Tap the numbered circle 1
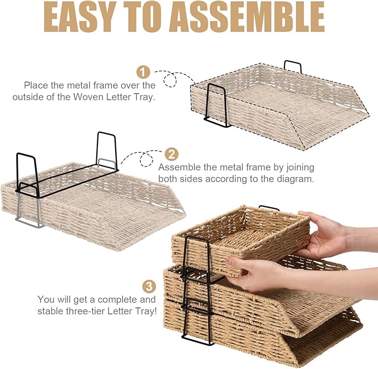tap(144, 72)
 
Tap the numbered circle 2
tap(172, 154)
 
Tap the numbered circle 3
tap(149, 287)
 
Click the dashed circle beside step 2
tap(147, 160)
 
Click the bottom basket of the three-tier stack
tap(267, 340)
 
